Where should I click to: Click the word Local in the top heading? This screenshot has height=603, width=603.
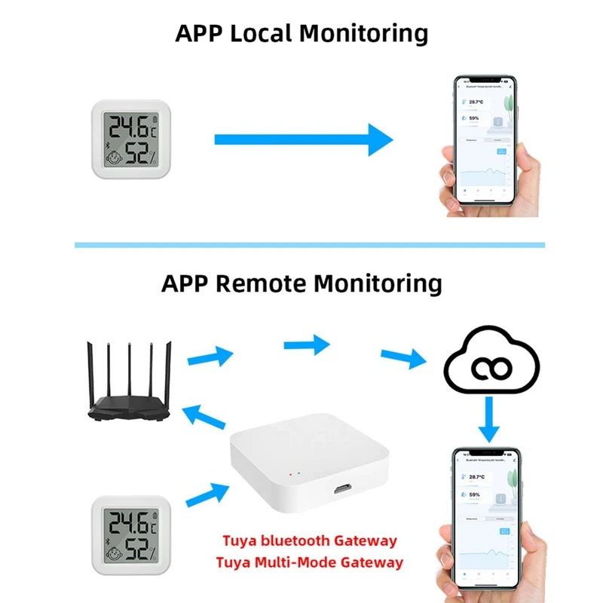[x=253, y=34]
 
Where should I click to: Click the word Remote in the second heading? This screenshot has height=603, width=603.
[x=261, y=283]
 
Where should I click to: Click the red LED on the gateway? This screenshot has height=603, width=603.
[x=290, y=476]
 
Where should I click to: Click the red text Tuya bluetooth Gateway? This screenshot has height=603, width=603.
[x=309, y=540]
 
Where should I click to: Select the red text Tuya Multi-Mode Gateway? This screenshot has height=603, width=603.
[x=309, y=562]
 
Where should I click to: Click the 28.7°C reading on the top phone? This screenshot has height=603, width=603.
[x=476, y=101]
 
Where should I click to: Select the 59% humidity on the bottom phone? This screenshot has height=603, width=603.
[x=474, y=494]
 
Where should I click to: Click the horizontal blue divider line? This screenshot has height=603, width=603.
[x=309, y=245]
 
